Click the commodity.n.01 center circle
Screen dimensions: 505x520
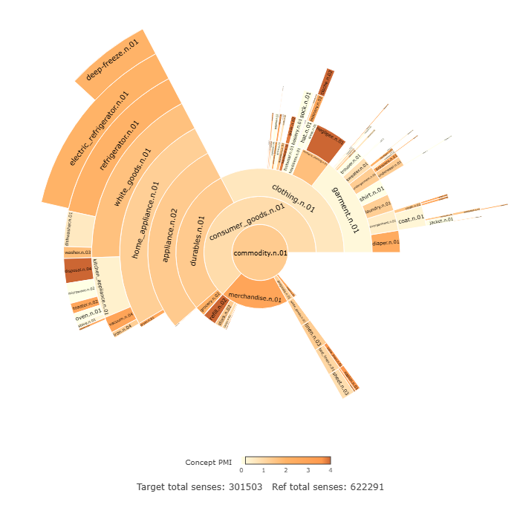(x=259, y=253)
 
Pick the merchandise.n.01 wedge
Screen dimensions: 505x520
(x=255, y=297)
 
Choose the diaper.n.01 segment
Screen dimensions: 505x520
(x=386, y=242)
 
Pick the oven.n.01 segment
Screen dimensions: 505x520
(x=88, y=313)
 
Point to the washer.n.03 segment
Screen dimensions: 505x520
(x=77, y=252)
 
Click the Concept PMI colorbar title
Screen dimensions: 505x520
(x=209, y=462)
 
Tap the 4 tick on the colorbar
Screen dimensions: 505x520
(x=330, y=470)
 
